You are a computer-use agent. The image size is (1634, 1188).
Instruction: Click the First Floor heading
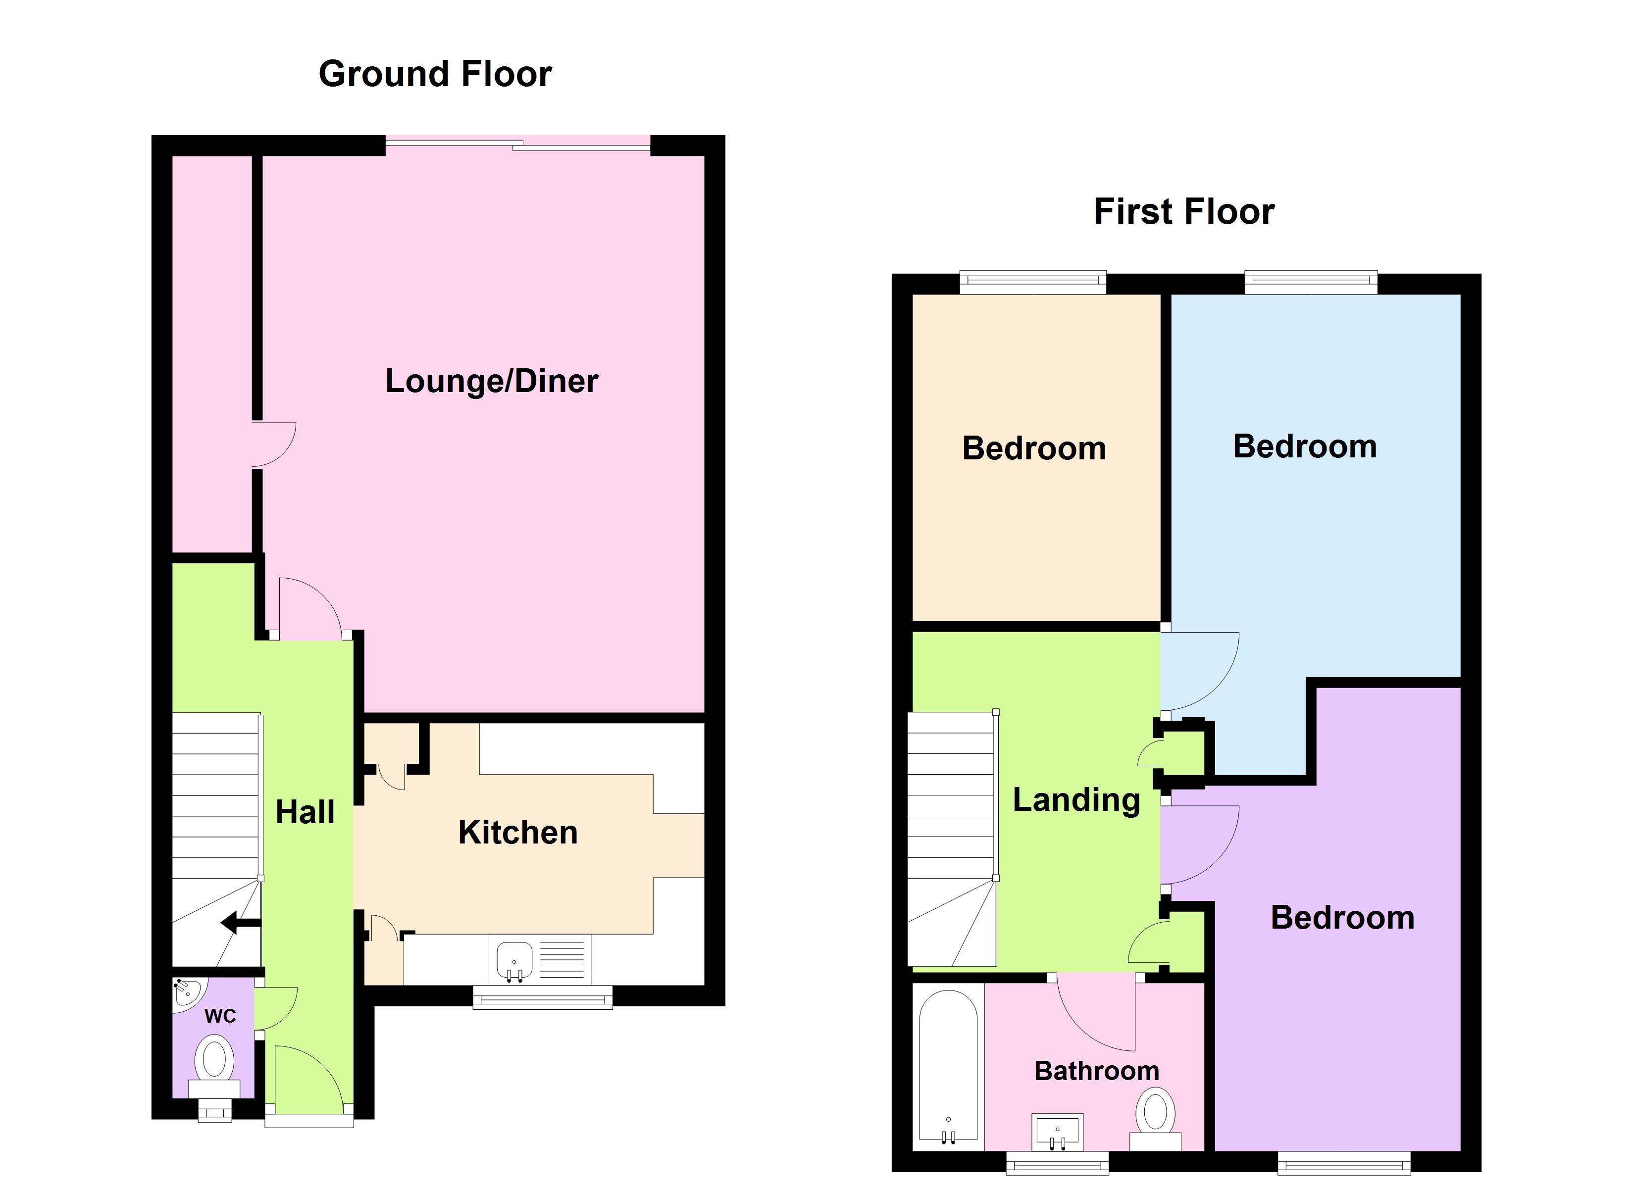click(x=1184, y=212)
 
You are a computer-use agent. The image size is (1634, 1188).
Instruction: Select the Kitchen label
click(x=518, y=833)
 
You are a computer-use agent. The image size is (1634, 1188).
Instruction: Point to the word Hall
click(x=305, y=813)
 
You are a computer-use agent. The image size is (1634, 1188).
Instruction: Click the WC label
click(x=220, y=1017)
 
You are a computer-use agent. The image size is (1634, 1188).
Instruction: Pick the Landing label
click(x=1076, y=800)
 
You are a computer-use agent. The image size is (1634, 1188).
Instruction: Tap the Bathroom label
click(x=1097, y=1071)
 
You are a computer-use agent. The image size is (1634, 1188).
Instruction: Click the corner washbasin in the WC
click(x=187, y=991)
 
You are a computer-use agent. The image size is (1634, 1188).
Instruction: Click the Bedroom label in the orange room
click(x=1034, y=449)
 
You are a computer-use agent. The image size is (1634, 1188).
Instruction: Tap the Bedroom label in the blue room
click(x=1305, y=446)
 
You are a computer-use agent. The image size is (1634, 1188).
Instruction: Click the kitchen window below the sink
click(x=543, y=997)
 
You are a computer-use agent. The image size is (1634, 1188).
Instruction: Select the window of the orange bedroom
click(x=1032, y=282)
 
